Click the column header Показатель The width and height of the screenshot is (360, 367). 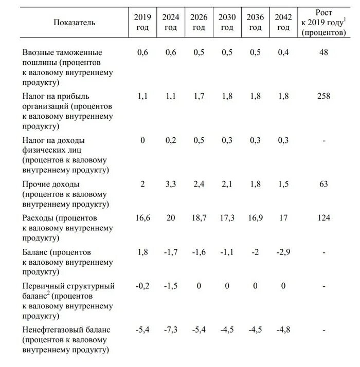pyautogui.click(x=75, y=23)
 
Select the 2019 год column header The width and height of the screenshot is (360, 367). pyautogui.click(x=142, y=23)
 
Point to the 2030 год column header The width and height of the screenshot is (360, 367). pyautogui.click(x=227, y=23)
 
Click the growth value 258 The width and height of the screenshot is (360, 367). pyautogui.click(x=323, y=96)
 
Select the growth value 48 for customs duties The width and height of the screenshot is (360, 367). pyautogui.click(x=323, y=52)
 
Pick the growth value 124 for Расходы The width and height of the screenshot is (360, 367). pyautogui.click(x=323, y=218)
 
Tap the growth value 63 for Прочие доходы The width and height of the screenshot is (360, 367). pyautogui.click(x=323, y=184)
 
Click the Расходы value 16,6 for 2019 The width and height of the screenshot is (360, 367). pyautogui.click(x=142, y=218)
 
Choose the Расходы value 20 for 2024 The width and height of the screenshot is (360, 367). pyautogui.click(x=170, y=218)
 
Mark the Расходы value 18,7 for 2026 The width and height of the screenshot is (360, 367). pyautogui.click(x=199, y=218)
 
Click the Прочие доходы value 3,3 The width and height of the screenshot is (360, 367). pyautogui.click(x=170, y=184)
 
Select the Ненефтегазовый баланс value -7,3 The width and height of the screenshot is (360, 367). pyautogui.click(x=170, y=329)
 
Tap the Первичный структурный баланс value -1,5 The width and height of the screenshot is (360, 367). pyautogui.click(x=170, y=286)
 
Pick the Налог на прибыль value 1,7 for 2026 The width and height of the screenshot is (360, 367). pyautogui.click(x=199, y=96)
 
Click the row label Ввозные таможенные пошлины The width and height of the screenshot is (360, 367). pyautogui.click(x=62, y=52)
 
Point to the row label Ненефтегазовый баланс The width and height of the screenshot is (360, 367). pyautogui.click(x=67, y=329)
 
